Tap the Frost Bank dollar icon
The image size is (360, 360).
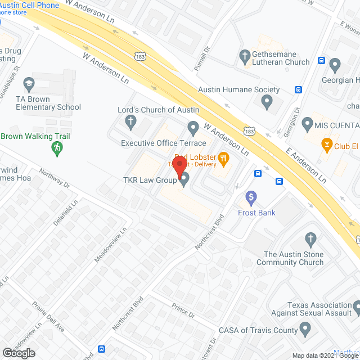tap(251, 197)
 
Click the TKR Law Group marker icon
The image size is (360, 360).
tap(184, 179)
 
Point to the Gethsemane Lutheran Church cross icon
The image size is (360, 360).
tap(244, 56)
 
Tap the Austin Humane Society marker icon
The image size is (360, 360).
tap(267, 102)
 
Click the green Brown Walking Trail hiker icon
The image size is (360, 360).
tap(56, 147)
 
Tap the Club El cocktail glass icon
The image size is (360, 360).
tap(325, 144)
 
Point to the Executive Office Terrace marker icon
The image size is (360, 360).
tap(193, 128)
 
